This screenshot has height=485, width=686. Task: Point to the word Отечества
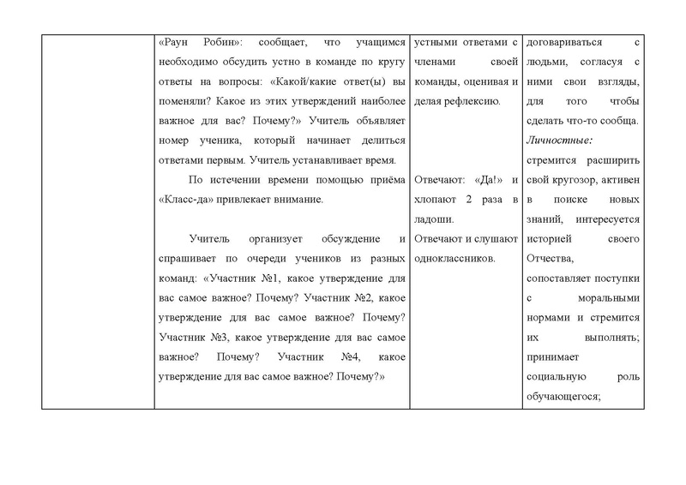[x=554, y=258]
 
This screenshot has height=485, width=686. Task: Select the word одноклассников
[x=454, y=258]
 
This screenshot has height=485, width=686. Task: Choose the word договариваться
[x=566, y=41]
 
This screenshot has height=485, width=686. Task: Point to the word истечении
[x=234, y=180]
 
